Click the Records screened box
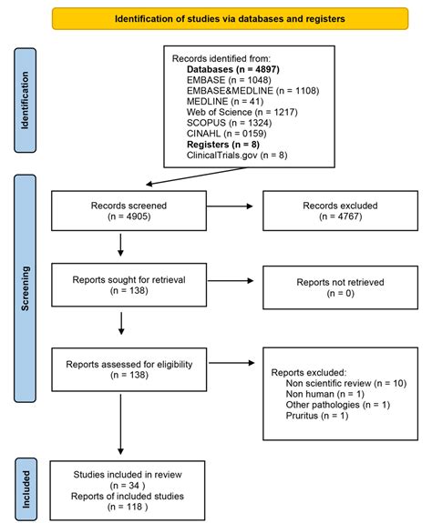coord(121,212)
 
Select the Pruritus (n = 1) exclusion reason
coord(317,416)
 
